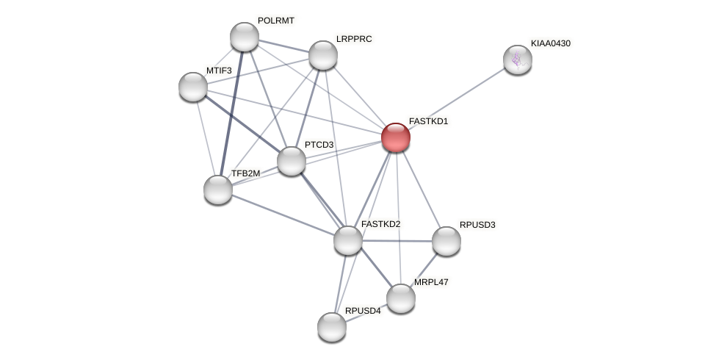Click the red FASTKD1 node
coord(396,137)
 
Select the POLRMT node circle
coord(245,37)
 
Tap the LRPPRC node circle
coord(323,55)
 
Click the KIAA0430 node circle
coord(518,60)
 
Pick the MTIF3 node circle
coord(193,87)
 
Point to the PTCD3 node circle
coord(292,161)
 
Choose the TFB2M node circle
coord(218,190)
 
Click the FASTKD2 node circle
coord(348,240)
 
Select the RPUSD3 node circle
coord(446,241)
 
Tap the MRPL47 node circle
coord(401,298)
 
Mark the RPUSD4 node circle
coord(332,327)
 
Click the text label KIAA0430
coord(550,43)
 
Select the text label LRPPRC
coord(354,39)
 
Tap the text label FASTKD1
coord(428,121)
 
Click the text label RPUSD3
coord(477,225)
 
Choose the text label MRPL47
coord(430,282)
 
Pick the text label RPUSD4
coord(363,311)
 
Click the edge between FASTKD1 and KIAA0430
coord(457,98)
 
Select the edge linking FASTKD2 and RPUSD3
coord(397,241)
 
